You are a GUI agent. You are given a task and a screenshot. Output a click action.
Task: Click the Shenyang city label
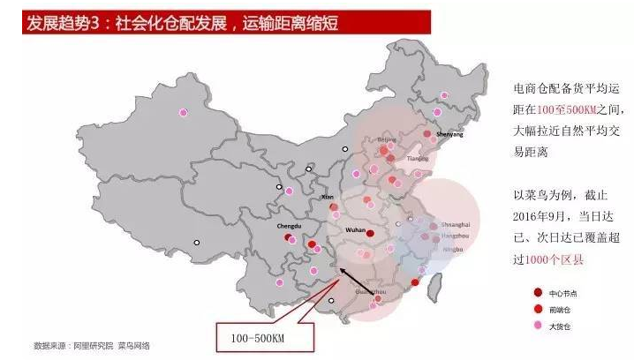tap(449, 135)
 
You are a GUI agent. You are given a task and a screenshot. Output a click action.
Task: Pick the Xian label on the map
tap(329, 198)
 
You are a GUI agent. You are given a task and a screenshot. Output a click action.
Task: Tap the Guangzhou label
tap(370, 290)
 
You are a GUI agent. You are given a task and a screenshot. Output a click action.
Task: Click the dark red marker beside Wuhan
tap(370, 234)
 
